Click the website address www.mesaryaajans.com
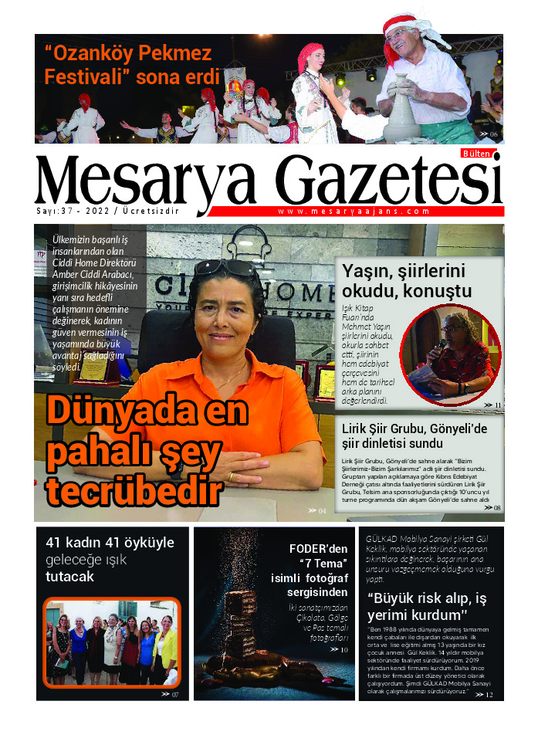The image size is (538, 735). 353,211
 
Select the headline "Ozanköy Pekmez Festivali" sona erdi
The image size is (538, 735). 127,66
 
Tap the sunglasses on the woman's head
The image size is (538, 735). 224,267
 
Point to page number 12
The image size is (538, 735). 485,695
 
